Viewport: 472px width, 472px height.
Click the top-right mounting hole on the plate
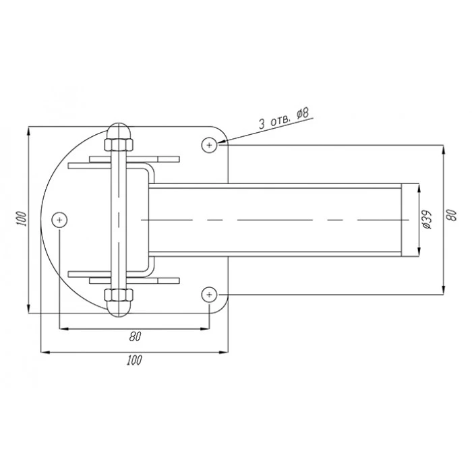click(x=209, y=145)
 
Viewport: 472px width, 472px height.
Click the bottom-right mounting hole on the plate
click(x=209, y=295)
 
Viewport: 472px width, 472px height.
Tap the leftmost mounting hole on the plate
click(x=59, y=220)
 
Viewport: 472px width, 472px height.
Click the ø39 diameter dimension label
click(x=427, y=219)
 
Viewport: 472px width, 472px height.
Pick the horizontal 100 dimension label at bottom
click(x=134, y=360)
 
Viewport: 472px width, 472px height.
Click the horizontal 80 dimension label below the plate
click(x=135, y=336)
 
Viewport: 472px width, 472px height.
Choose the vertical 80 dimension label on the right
click(x=452, y=215)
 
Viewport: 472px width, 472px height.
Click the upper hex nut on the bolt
click(x=119, y=145)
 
